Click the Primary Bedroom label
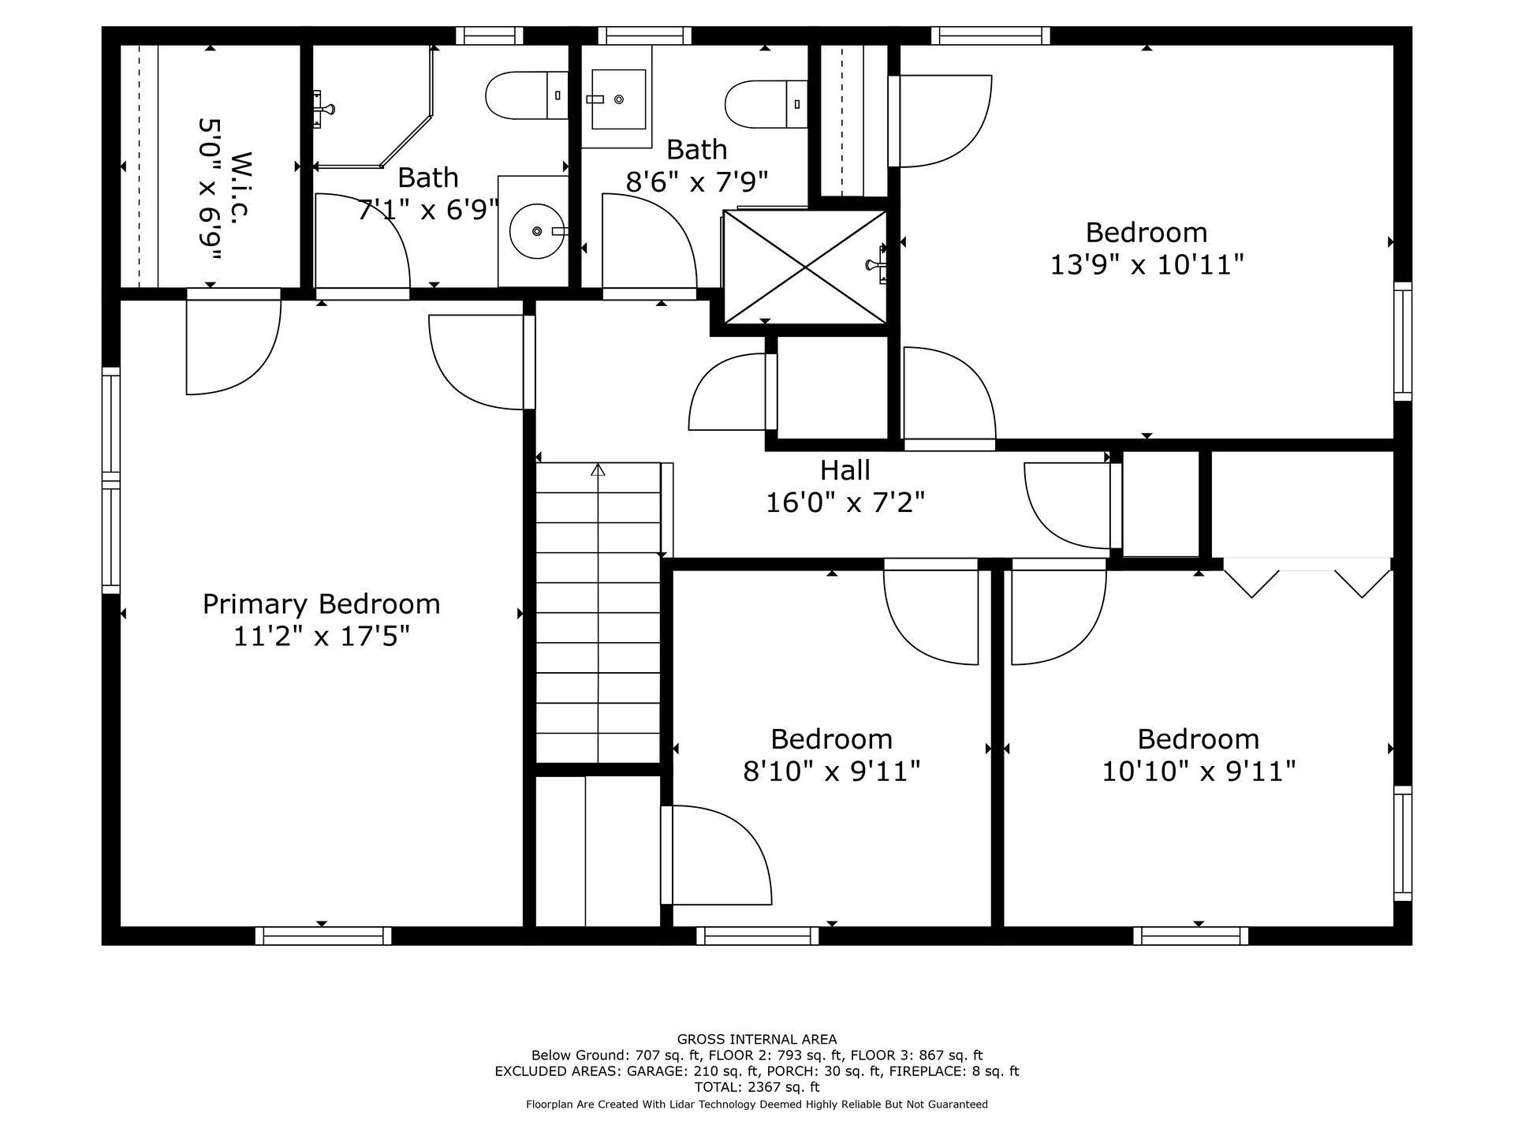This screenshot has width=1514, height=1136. [x=322, y=604]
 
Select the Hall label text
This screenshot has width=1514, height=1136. [x=845, y=470]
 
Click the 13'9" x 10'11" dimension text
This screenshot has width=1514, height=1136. [x=1147, y=264]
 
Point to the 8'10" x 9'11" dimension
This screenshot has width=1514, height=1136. [x=832, y=771]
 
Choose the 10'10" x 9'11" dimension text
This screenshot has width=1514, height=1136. [x=1199, y=771]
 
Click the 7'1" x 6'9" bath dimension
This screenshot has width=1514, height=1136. [x=428, y=210]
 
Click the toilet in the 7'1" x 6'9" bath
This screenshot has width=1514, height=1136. [x=527, y=95]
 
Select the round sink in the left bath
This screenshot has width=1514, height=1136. [x=537, y=231]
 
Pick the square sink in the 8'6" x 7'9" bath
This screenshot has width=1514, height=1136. [x=618, y=99]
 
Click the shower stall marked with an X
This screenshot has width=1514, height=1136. [x=805, y=267]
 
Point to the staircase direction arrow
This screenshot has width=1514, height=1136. [x=598, y=470]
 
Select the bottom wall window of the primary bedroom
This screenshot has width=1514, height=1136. [x=323, y=936]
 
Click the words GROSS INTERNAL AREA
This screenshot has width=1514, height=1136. [x=757, y=1040]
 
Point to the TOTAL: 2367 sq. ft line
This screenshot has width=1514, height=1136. [x=757, y=1087]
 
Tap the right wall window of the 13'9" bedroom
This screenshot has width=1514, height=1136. [x=1403, y=342]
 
